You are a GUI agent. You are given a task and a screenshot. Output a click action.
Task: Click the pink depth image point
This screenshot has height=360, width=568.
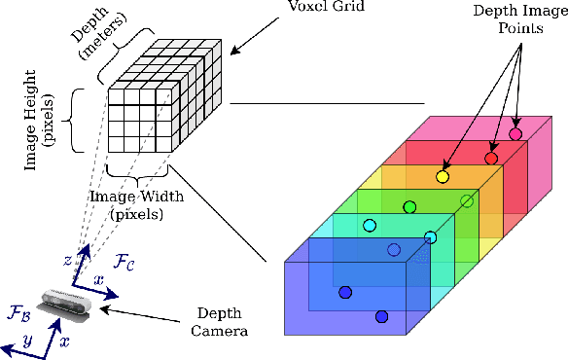515,133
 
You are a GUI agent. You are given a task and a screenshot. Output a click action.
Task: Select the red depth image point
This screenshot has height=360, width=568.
491,158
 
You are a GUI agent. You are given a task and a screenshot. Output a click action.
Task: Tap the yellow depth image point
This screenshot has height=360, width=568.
444,177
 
